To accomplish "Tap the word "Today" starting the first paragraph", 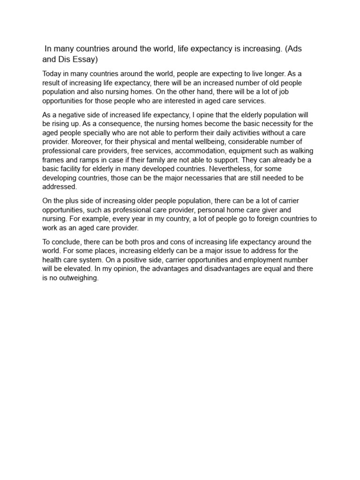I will coord(52,74).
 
